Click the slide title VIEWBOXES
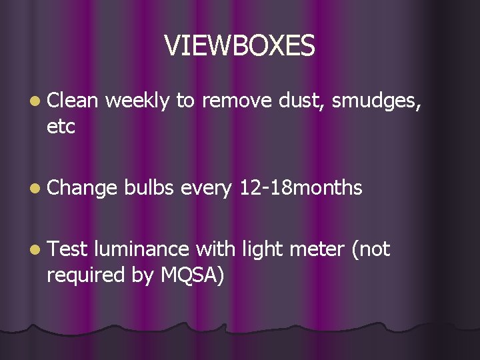(239, 45)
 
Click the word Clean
(73, 101)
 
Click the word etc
(61, 127)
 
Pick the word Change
(82, 189)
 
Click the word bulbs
(149, 188)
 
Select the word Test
(67, 249)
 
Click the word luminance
(142, 249)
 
